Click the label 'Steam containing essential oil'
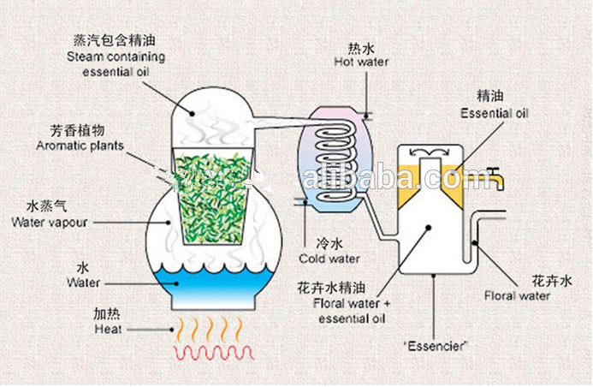point(117,65)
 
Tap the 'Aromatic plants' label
point(80,146)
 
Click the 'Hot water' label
point(361,62)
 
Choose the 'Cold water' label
point(329,258)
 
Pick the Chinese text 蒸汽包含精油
point(117,40)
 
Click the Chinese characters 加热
point(107,313)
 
